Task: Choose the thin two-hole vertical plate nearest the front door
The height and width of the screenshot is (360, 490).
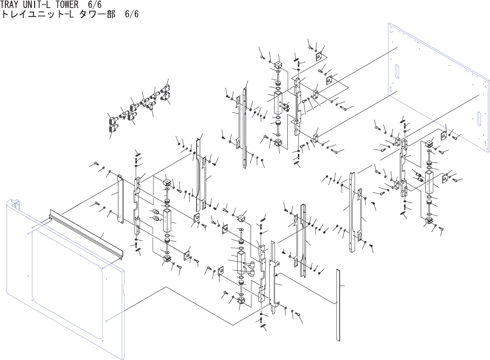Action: coord(120,198)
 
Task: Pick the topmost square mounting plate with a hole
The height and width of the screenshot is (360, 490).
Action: coord(318,56)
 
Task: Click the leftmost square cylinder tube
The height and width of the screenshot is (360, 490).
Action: coord(168,221)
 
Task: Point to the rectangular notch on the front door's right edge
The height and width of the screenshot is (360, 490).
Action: coord(124,290)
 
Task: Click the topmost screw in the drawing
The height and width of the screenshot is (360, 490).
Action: coord(310,47)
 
